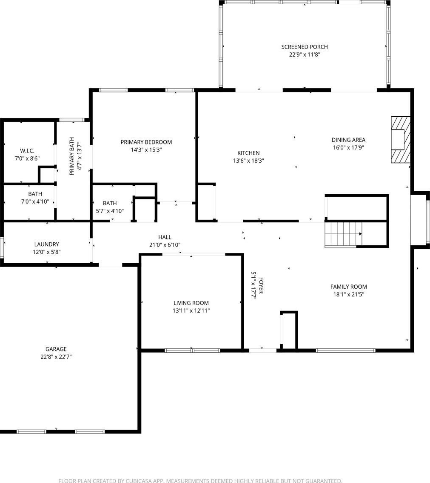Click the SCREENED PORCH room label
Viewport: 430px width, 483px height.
[x=305, y=47]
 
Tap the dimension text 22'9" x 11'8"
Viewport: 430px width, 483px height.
[x=305, y=55]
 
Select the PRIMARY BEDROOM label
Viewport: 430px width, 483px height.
[x=146, y=142]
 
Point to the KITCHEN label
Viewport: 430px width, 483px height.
[x=248, y=153]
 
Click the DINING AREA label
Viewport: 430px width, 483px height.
[x=348, y=140]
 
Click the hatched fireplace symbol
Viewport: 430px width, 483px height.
[x=401, y=140]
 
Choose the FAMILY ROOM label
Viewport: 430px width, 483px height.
[x=348, y=287]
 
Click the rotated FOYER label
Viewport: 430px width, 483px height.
[x=261, y=285]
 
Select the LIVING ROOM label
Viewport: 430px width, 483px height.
[x=191, y=303]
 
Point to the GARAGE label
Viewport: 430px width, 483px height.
[x=56, y=349]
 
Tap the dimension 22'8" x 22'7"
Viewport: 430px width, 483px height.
[x=56, y=356]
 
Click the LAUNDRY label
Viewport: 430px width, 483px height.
[x=46, y=244]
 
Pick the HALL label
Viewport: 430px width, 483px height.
[x=165, y=237]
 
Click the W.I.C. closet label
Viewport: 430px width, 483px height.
[x=27, y=151]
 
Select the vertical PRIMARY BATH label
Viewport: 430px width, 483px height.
[x=71, y=156]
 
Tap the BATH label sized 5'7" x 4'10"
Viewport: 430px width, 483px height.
[x=110, y=203]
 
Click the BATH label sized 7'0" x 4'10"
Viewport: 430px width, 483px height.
[x=35, y=194]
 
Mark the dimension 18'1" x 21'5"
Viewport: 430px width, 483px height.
[x=349, y=294]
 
